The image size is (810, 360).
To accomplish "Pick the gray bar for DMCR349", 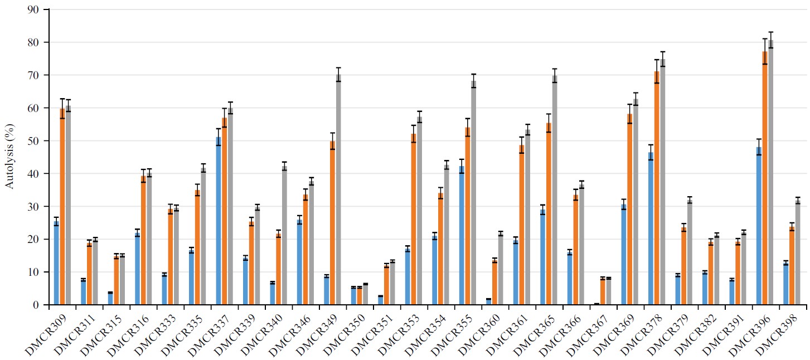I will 338,189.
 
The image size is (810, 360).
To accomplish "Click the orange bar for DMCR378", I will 657,188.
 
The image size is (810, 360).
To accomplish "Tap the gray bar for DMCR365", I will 555,190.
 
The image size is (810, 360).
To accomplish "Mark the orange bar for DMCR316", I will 143,241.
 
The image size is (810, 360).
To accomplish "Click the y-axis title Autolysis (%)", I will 10,157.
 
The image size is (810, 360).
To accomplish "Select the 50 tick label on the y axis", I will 37,141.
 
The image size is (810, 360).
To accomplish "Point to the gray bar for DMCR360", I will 501,270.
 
